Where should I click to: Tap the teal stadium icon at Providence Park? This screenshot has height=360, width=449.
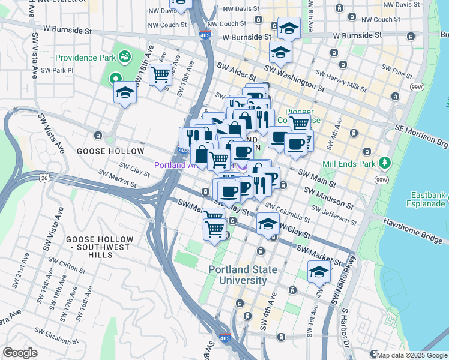pos(124,57)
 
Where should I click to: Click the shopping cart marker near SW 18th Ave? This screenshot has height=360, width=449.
pos(161,75)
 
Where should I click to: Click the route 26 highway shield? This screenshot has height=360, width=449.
pos(45,178)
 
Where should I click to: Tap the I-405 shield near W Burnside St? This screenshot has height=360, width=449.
pos(205,35)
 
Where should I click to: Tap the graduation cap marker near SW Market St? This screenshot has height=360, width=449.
pos(319,272)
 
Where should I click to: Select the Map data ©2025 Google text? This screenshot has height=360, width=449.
pos(412,355)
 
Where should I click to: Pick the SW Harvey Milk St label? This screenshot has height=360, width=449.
pos(340,82)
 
